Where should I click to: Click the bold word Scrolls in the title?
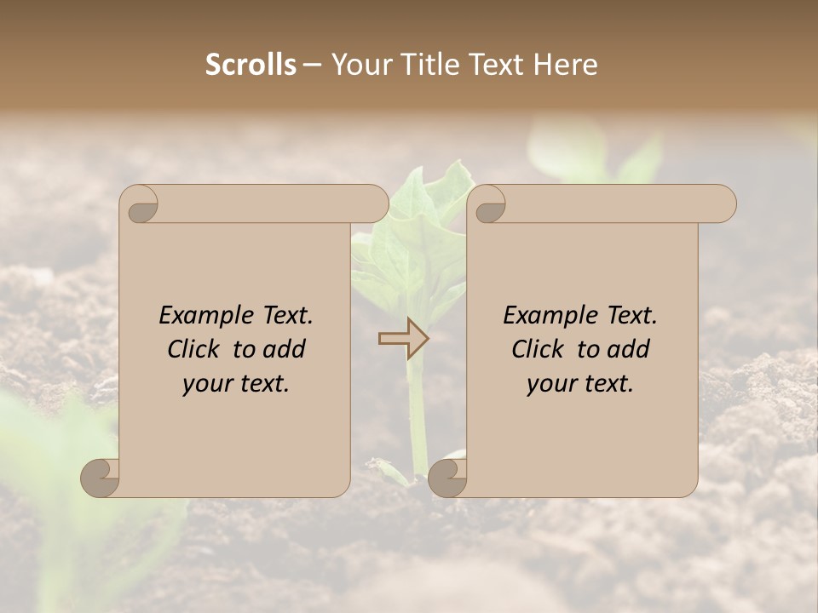[x=251, y=65]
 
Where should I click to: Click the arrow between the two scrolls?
[x=404, y=339]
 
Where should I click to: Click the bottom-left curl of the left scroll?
[x=101, y=476]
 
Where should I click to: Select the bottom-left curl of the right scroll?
[x=446, y=476]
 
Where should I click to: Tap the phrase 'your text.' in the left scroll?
[x=236, y=384]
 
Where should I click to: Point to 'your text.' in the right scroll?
[x=580, y=384]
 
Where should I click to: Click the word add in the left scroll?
[x=285, y=349]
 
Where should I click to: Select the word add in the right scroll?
[x=629, y=349]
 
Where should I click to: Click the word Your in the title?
[x=359, y=65]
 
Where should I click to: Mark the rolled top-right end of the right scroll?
[x=721, y=204]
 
